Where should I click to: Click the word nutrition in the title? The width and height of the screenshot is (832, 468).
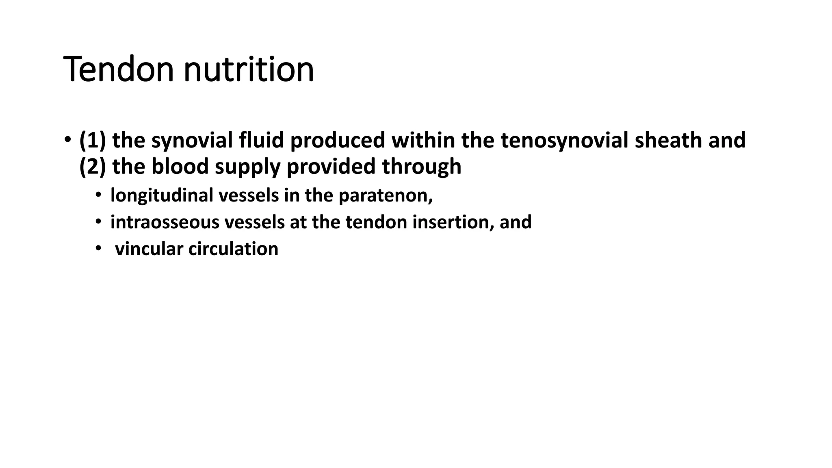point(249,69)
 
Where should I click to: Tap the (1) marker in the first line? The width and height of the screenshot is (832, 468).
point(93,140)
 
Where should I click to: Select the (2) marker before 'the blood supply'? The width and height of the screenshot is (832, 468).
point(93,167)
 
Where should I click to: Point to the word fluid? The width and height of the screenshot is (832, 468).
point(261,140)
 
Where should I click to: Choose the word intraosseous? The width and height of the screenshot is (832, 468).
point(164,222)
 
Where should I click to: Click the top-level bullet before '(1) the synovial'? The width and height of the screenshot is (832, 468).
point(67,139)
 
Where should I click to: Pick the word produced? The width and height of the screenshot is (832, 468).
point(337,140)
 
